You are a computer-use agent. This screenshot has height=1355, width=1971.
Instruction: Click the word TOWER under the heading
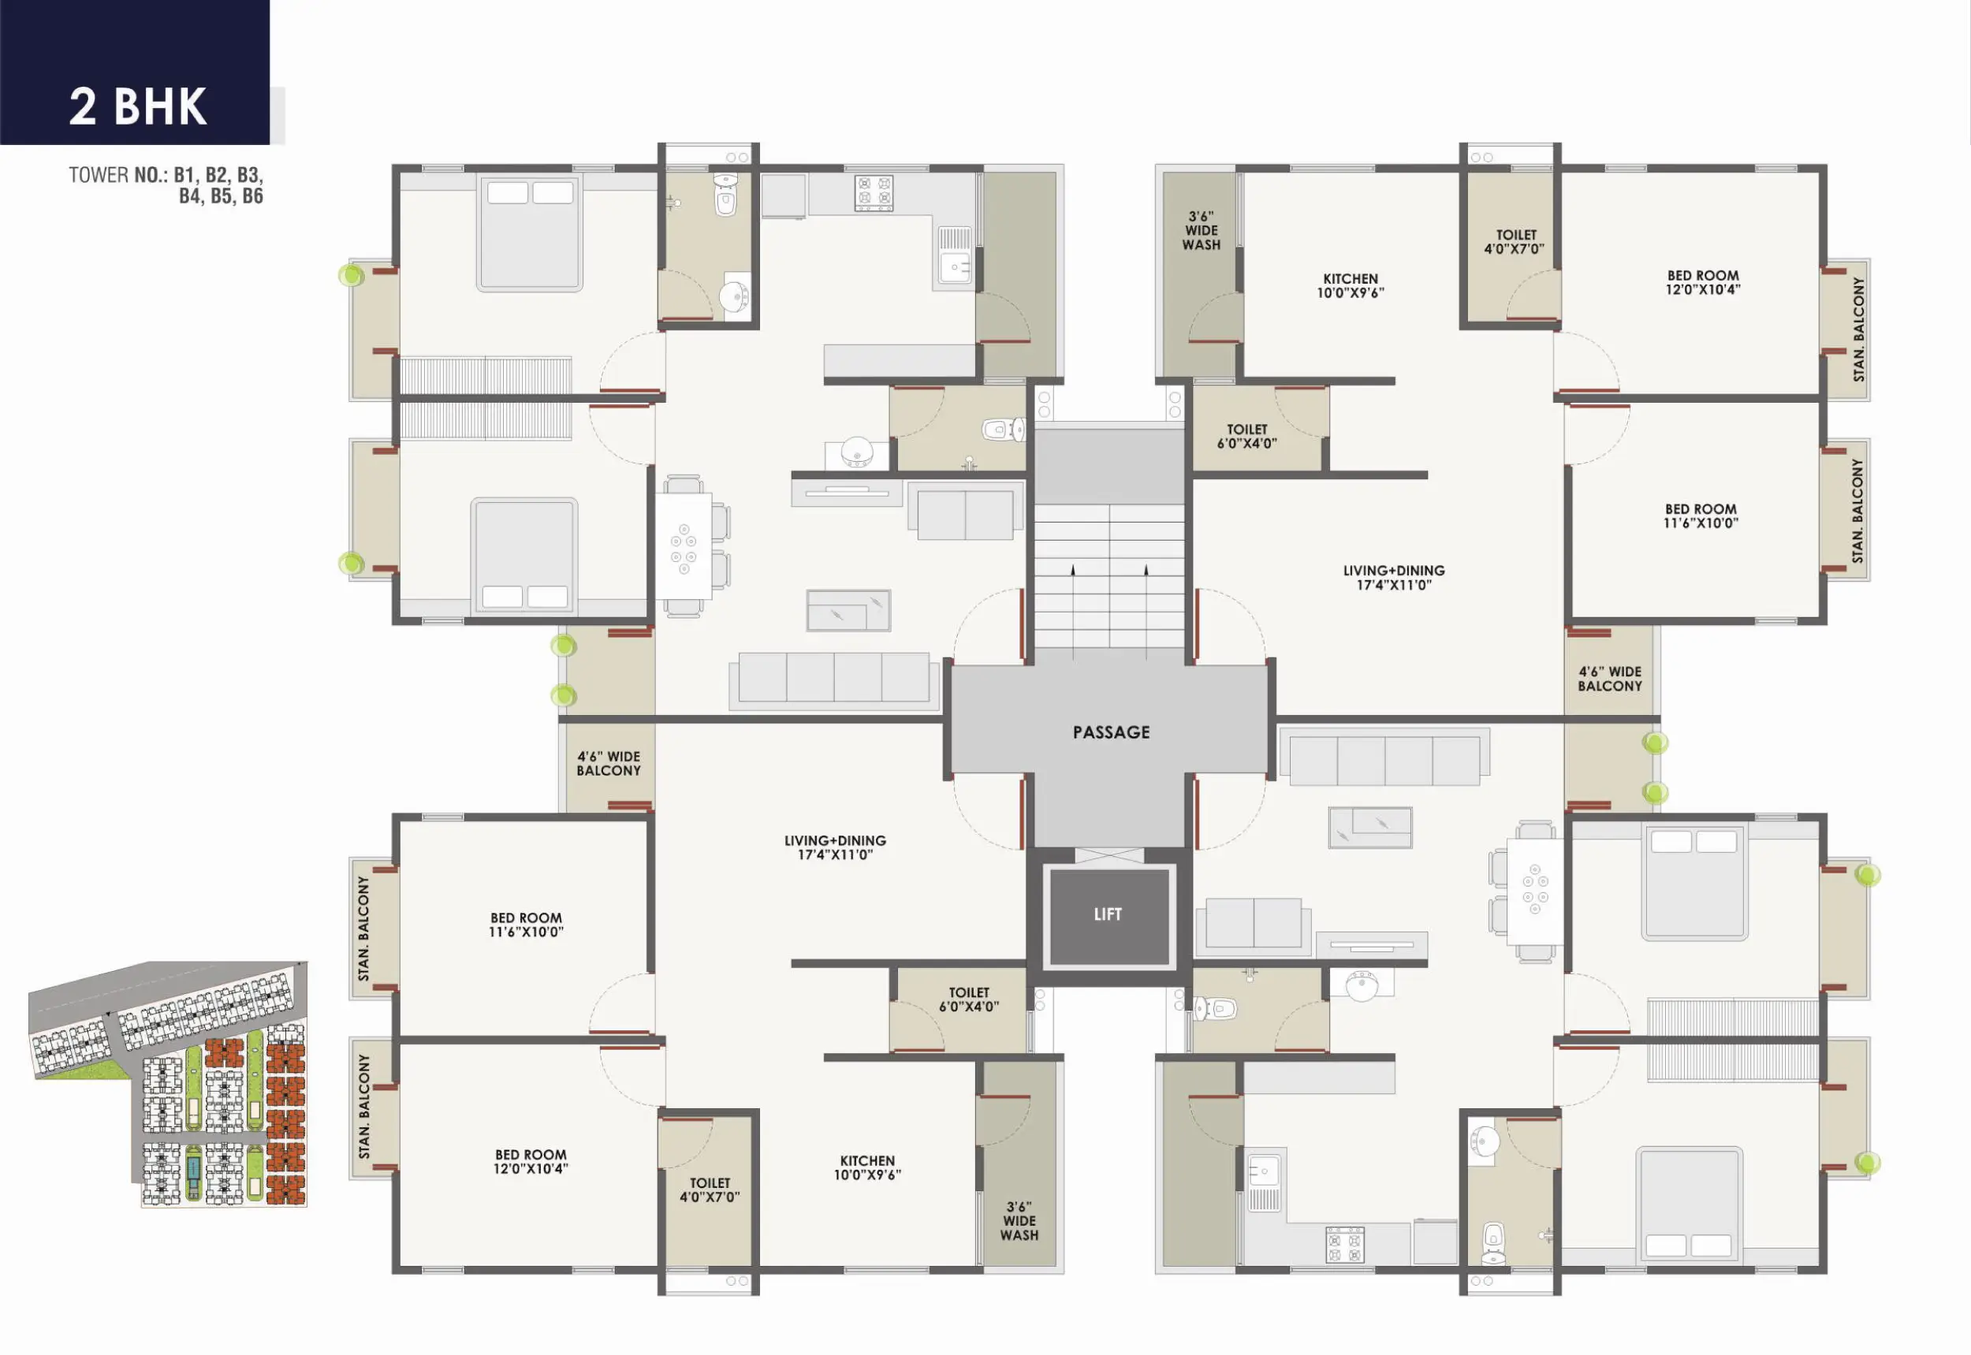click(99, 175)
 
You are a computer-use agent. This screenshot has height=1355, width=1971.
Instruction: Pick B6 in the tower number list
click(252, 196)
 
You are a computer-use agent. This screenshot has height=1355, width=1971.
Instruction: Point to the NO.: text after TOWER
click(151, 175)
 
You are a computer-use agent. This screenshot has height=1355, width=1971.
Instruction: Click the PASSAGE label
click(1111, 731)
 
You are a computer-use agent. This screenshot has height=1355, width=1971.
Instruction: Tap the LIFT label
click(1108, 914)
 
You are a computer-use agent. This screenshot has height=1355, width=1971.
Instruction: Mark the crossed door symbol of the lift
click(1108, 855)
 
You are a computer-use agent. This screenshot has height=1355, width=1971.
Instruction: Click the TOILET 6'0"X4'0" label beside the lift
click(969, 999)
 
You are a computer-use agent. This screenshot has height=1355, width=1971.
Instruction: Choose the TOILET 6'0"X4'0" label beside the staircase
click(1246, 437)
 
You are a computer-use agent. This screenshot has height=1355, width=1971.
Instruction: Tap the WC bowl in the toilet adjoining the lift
click(1215, 1009)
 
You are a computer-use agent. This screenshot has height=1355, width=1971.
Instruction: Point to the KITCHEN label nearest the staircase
click(1351, 285)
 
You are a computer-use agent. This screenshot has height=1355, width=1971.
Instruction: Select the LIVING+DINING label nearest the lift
click(835, 847)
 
